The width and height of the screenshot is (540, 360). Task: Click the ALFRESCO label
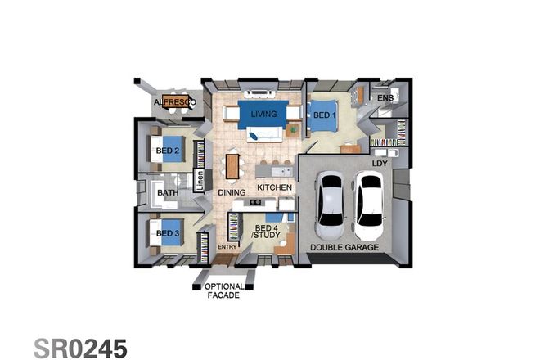pyautogui.click(x=174, y=102)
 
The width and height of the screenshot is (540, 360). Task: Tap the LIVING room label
pyautogui.click(x=263, y=114)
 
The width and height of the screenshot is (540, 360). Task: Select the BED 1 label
pyautogui.click(x=325, y=115)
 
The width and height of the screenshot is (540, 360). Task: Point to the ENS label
pyautogui.click(x=385, y=99)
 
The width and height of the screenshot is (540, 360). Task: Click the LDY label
pyautogui.click(x=379, y=164)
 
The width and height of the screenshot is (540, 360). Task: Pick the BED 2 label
pyautogui.click(x=167, y=151)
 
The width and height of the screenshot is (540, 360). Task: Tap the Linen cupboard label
pyautogui.click(x=199, y=178)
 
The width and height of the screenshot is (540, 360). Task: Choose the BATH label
pyautogui.click(x=168, y=193)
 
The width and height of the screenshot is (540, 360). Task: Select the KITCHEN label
pyautogui.click(x=275, y=188)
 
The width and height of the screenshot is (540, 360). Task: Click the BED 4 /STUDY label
pyautogui.click(x=268, y=232)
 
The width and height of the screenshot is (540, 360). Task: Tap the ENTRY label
pyautogui.click(x=227, y=246)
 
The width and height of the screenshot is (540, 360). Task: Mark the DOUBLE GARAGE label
pyautogui.click(x=344, y=246)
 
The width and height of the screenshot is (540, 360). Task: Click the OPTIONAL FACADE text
pyautogui.click(x=223, y=290)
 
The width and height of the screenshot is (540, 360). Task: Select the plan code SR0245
pyautogui.click(x=80, y=347)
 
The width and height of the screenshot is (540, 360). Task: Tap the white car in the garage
pyautogui.click(x=369, y=200)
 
